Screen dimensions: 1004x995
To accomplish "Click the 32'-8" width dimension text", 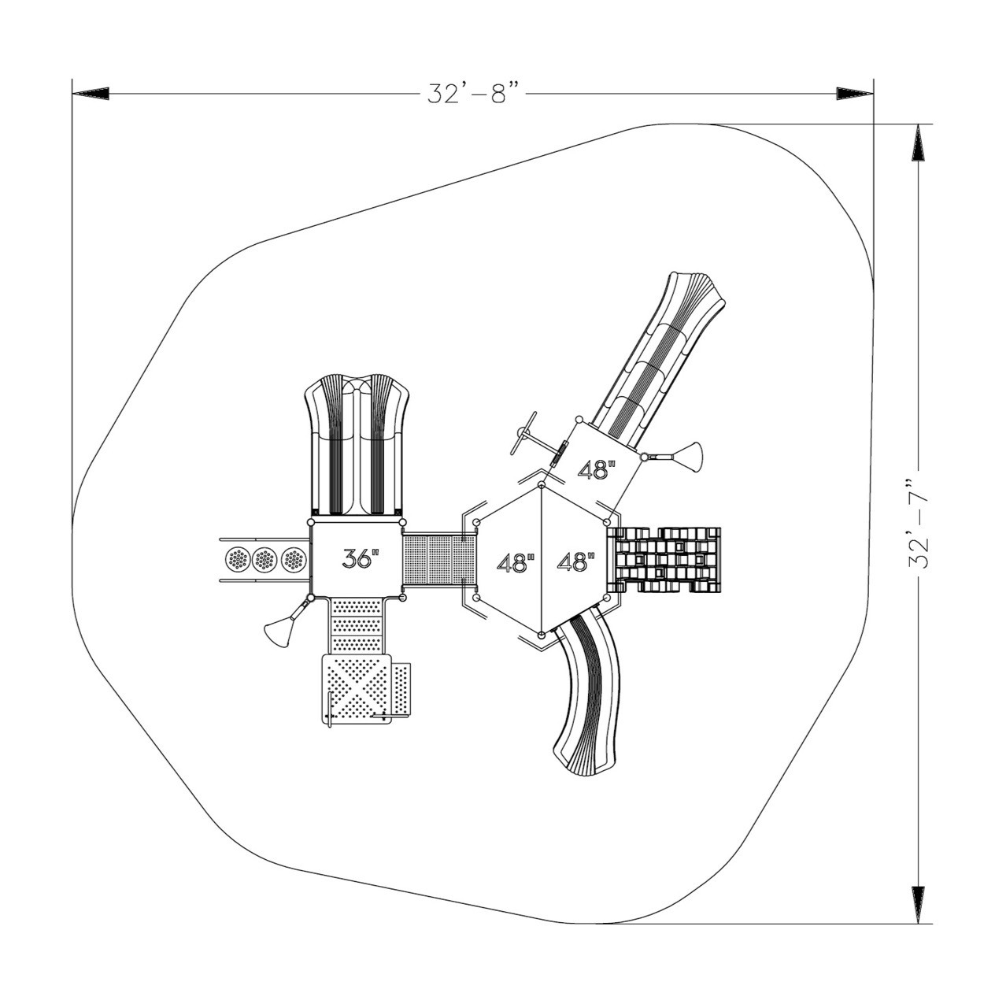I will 475,93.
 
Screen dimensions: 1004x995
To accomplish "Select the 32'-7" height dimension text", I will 918,522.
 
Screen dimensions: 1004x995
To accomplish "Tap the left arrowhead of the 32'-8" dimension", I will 91,94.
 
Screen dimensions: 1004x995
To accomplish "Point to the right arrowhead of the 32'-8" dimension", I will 855,94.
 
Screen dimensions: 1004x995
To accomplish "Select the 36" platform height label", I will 361,558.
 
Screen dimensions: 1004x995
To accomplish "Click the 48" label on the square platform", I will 597,470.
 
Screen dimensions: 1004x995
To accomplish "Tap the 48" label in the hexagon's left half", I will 516,563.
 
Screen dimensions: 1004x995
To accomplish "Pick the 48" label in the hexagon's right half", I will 575,562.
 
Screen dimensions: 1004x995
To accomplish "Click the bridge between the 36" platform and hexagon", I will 439,560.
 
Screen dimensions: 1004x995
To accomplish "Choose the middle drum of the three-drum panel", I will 265,560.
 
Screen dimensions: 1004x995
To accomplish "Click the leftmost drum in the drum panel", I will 237,560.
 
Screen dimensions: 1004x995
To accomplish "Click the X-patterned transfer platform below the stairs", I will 357,688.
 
